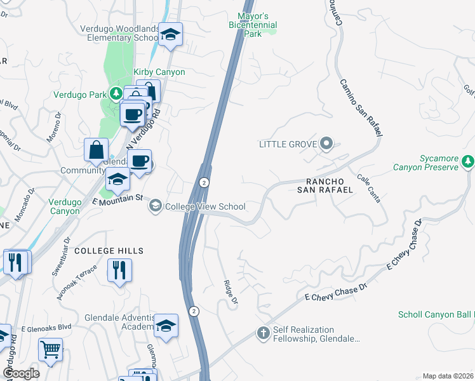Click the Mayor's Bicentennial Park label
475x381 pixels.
pyautogui.click(x=253, y=24)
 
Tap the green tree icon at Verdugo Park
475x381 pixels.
pyautogui.click(x=116, y=95)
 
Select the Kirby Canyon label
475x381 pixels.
pyautogui.click(x=159, y=72)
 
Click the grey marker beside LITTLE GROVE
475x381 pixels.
pyautogui.click(x=326, y=144)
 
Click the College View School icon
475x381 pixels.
pyautogui.click(x=155, y=206)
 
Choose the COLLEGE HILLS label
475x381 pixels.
pyautogui.click(x=109, y=251)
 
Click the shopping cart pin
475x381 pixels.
pyautogui.click(x=50, y=349)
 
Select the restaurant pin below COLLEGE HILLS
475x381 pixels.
pyautogui.click(x=119, y=271)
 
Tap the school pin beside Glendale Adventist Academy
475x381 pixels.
pyautogui.click(x=166, y=325)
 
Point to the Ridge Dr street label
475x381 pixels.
pyautogui.click(x=230, y=290)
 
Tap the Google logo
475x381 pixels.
pyautogui.click(x=21, y=373)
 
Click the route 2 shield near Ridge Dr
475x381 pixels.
pyautogui.click(x=194, y=311)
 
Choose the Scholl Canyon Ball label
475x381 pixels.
pyautogui.click(x=436, y=315)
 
